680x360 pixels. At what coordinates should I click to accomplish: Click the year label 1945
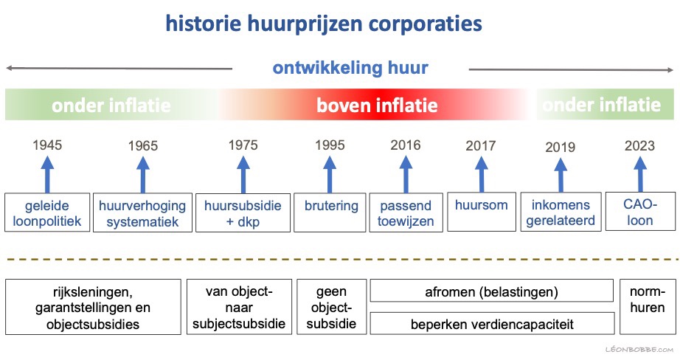47,145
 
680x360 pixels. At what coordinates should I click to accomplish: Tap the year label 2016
406,145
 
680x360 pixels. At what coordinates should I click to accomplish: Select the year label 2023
639,146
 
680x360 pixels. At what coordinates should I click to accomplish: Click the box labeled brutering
330,212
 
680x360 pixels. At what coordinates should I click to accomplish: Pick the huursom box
482,212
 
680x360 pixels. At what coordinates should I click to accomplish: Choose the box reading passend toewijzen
406,212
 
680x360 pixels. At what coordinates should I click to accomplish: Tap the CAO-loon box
640,211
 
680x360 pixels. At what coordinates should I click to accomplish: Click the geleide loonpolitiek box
47,212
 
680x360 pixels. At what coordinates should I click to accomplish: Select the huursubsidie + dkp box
243,212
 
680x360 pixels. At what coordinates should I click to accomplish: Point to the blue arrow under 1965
142,175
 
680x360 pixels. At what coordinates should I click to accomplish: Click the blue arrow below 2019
561,176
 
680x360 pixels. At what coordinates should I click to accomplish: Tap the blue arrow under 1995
330,175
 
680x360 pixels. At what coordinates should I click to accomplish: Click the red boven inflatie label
377,105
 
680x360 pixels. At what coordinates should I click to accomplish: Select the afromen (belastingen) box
491,291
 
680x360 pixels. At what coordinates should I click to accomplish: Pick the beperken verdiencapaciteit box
492,323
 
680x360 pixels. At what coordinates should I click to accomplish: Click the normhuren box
647,307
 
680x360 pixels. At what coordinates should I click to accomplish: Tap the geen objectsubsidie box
331,307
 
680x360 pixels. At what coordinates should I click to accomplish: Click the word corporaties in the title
425,24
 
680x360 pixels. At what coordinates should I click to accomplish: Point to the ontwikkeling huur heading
350,68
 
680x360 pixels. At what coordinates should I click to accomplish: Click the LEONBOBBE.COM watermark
639,350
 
